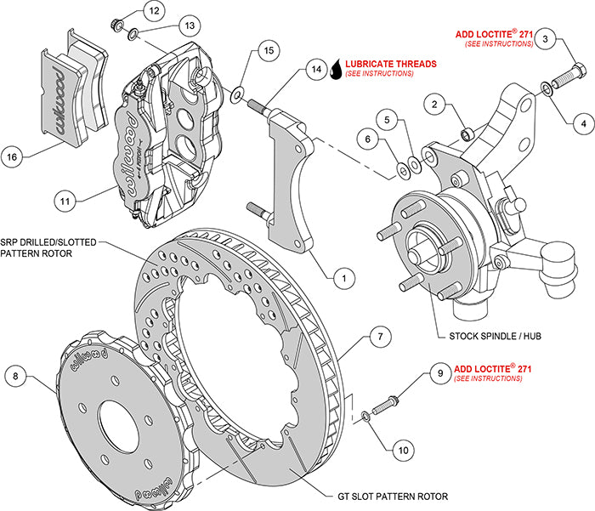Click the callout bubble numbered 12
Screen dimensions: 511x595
coord(153,11)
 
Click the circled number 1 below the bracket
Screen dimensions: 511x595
coord(343,276)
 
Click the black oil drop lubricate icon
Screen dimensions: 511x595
coord(337,69)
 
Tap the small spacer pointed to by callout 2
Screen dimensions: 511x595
coord(467,134)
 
